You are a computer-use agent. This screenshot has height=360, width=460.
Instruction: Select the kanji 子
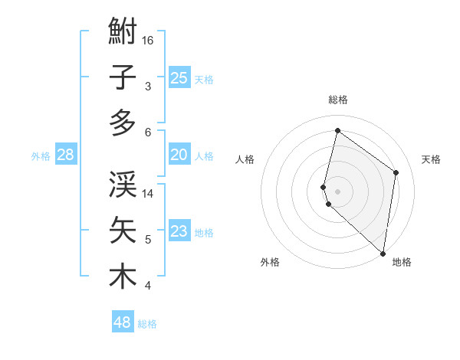tap(123, 78)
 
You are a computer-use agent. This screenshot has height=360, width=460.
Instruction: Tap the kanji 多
tap(123, 123)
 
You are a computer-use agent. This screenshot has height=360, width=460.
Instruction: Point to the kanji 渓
tap(123, 185)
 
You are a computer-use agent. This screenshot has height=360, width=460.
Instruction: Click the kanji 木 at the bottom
tap(123, 277)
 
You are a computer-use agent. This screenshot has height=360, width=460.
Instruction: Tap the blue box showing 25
tap(179, 77)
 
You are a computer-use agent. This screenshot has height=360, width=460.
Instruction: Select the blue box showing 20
tap(179, 155)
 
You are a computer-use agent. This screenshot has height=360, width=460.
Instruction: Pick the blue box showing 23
tap(179, 231)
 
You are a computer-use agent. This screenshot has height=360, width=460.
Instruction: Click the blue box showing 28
tap(65, 155)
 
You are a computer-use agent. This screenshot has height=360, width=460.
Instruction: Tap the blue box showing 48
tap(123, 322)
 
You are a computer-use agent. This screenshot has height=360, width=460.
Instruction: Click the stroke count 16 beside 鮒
tap(149, 40)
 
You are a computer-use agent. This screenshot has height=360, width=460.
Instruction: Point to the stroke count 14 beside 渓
tap(149, 194)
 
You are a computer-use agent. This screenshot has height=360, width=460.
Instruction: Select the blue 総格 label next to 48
tap(147, 324)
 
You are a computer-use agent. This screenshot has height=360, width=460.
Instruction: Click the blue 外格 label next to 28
tap(41, 156)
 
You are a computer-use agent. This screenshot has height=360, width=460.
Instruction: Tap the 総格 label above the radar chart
tap(338, 100)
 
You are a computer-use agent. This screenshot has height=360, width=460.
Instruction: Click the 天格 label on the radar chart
tap(431, 159)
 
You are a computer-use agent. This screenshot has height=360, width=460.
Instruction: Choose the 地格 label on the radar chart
tap(402, 263)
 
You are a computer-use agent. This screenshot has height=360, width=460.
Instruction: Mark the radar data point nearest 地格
tap(383, 253)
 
